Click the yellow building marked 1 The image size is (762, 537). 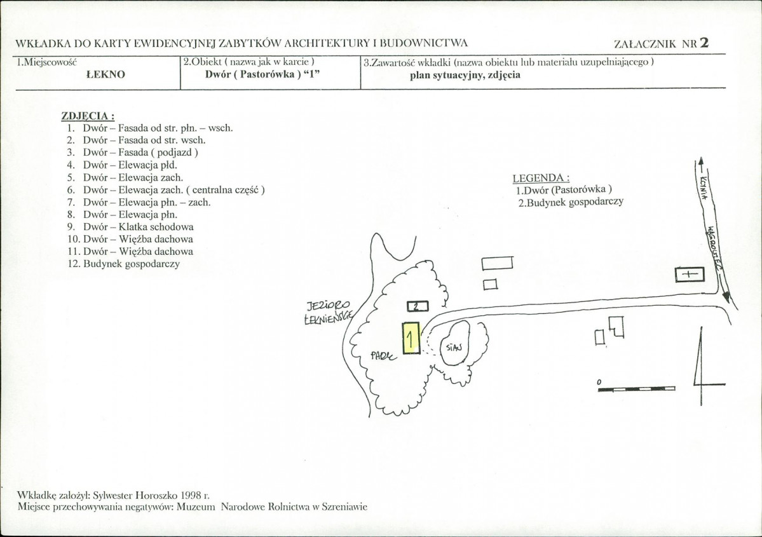(411, 337)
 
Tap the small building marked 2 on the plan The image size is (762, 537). (418, 306)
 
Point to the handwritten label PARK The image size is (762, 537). (383, 357)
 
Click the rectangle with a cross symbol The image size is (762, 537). (690, 275)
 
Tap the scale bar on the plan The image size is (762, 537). (637, 388)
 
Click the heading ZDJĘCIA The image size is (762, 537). (88, 116)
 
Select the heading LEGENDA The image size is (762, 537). (541, 178)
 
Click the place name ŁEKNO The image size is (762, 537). (105, 74)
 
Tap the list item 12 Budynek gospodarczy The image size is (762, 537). (124, 264)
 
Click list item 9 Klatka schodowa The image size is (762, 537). (130, 227)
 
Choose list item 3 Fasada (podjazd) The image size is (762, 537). (133, 153)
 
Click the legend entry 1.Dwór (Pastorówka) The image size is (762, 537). (564, 190)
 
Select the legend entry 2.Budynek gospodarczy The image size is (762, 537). (571, 202)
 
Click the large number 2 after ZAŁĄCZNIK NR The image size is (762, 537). (704, 43)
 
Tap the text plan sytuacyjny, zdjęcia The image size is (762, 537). (465, 75)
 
